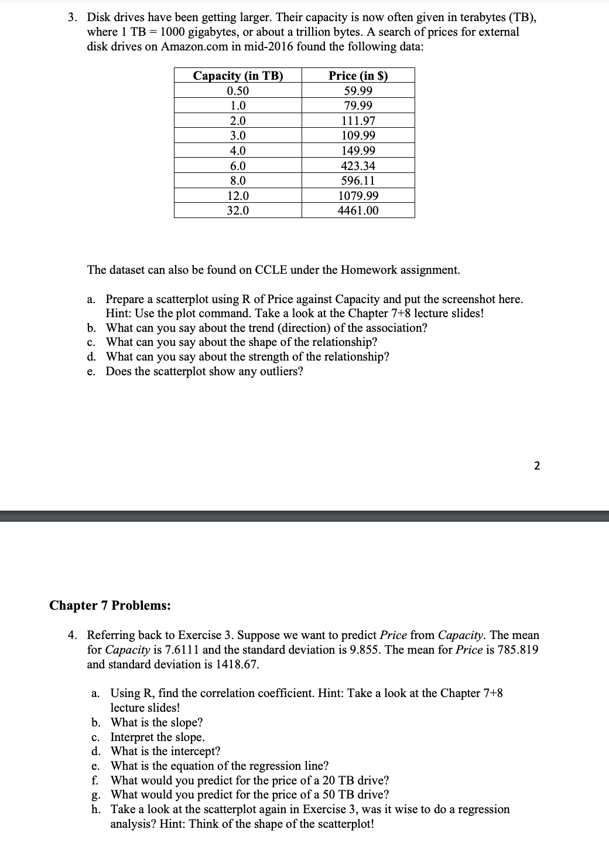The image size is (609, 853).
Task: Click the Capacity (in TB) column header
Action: (x=238, y=76)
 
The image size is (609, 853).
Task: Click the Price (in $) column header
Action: (x=358, y=76)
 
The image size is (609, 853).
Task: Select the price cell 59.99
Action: (x=358, y=91)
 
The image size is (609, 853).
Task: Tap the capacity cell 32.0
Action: (x=238, y=210)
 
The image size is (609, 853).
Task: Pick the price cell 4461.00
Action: (x=358, y=210)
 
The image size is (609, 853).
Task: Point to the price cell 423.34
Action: (x=358, y=166)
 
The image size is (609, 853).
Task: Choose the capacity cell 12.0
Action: (x=238, y=196)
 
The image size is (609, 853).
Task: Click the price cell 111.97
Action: (x=358, y=121)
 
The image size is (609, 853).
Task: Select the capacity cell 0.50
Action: (x=238, y=91)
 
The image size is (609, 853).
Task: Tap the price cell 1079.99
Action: (x=358, y=196)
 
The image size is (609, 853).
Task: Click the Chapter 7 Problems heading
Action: (x=110, y=606)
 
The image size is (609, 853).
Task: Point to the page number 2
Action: (x=538, y=466)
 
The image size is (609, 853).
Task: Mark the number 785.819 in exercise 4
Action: (x=516, y=650)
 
